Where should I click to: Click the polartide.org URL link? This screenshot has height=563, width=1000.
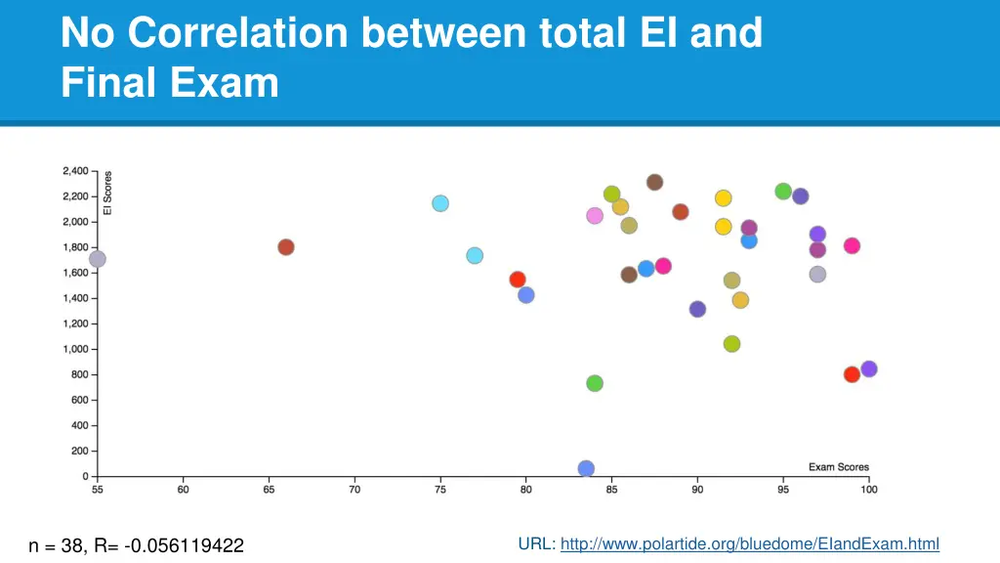click(749, 543)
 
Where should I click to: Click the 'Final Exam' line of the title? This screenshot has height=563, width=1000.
click(169, 82)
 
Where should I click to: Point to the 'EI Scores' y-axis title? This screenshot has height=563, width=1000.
click(107, 194)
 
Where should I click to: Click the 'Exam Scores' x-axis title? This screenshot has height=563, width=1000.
click(838, 467)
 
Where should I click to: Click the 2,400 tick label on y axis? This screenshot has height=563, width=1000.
click(74, 171)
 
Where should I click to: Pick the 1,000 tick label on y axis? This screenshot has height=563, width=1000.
click(74, 349)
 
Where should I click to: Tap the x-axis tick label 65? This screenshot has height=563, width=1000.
click(269, 490)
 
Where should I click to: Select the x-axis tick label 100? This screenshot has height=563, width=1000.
click(869, 490)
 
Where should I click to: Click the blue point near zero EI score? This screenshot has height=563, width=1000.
click(586, 469)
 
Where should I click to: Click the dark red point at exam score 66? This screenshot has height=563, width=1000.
click(286, 247)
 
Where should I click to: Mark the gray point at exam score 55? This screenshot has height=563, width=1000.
click(98, 259)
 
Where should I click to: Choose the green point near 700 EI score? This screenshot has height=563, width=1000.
click(595, 383)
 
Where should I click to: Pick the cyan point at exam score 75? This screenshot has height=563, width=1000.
click(440, 203)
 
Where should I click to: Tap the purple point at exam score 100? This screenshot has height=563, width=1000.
click(869, 369)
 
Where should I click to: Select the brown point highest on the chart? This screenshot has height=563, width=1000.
click(655, 183)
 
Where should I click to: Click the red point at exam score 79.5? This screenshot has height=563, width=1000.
click(518, 280)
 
